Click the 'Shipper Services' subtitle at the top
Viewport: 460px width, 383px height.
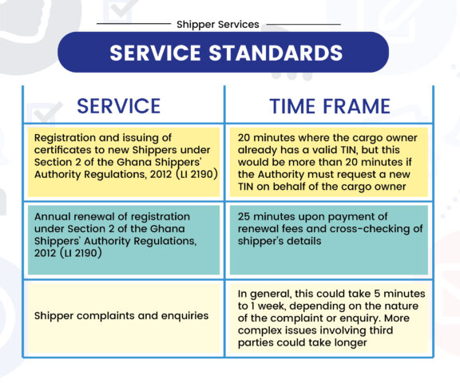[218, 25]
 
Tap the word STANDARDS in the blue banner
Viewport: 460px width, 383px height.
[276, 53]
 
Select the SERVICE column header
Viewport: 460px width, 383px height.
[118, 106]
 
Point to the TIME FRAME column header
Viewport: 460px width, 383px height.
[330, 106]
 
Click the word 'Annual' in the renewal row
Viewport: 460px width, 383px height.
[52, 216]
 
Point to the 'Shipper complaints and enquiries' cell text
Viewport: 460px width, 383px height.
[121, 316]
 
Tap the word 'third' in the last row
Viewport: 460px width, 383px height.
[381, 330]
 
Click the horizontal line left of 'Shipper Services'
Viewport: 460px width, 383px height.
[134, 24]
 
